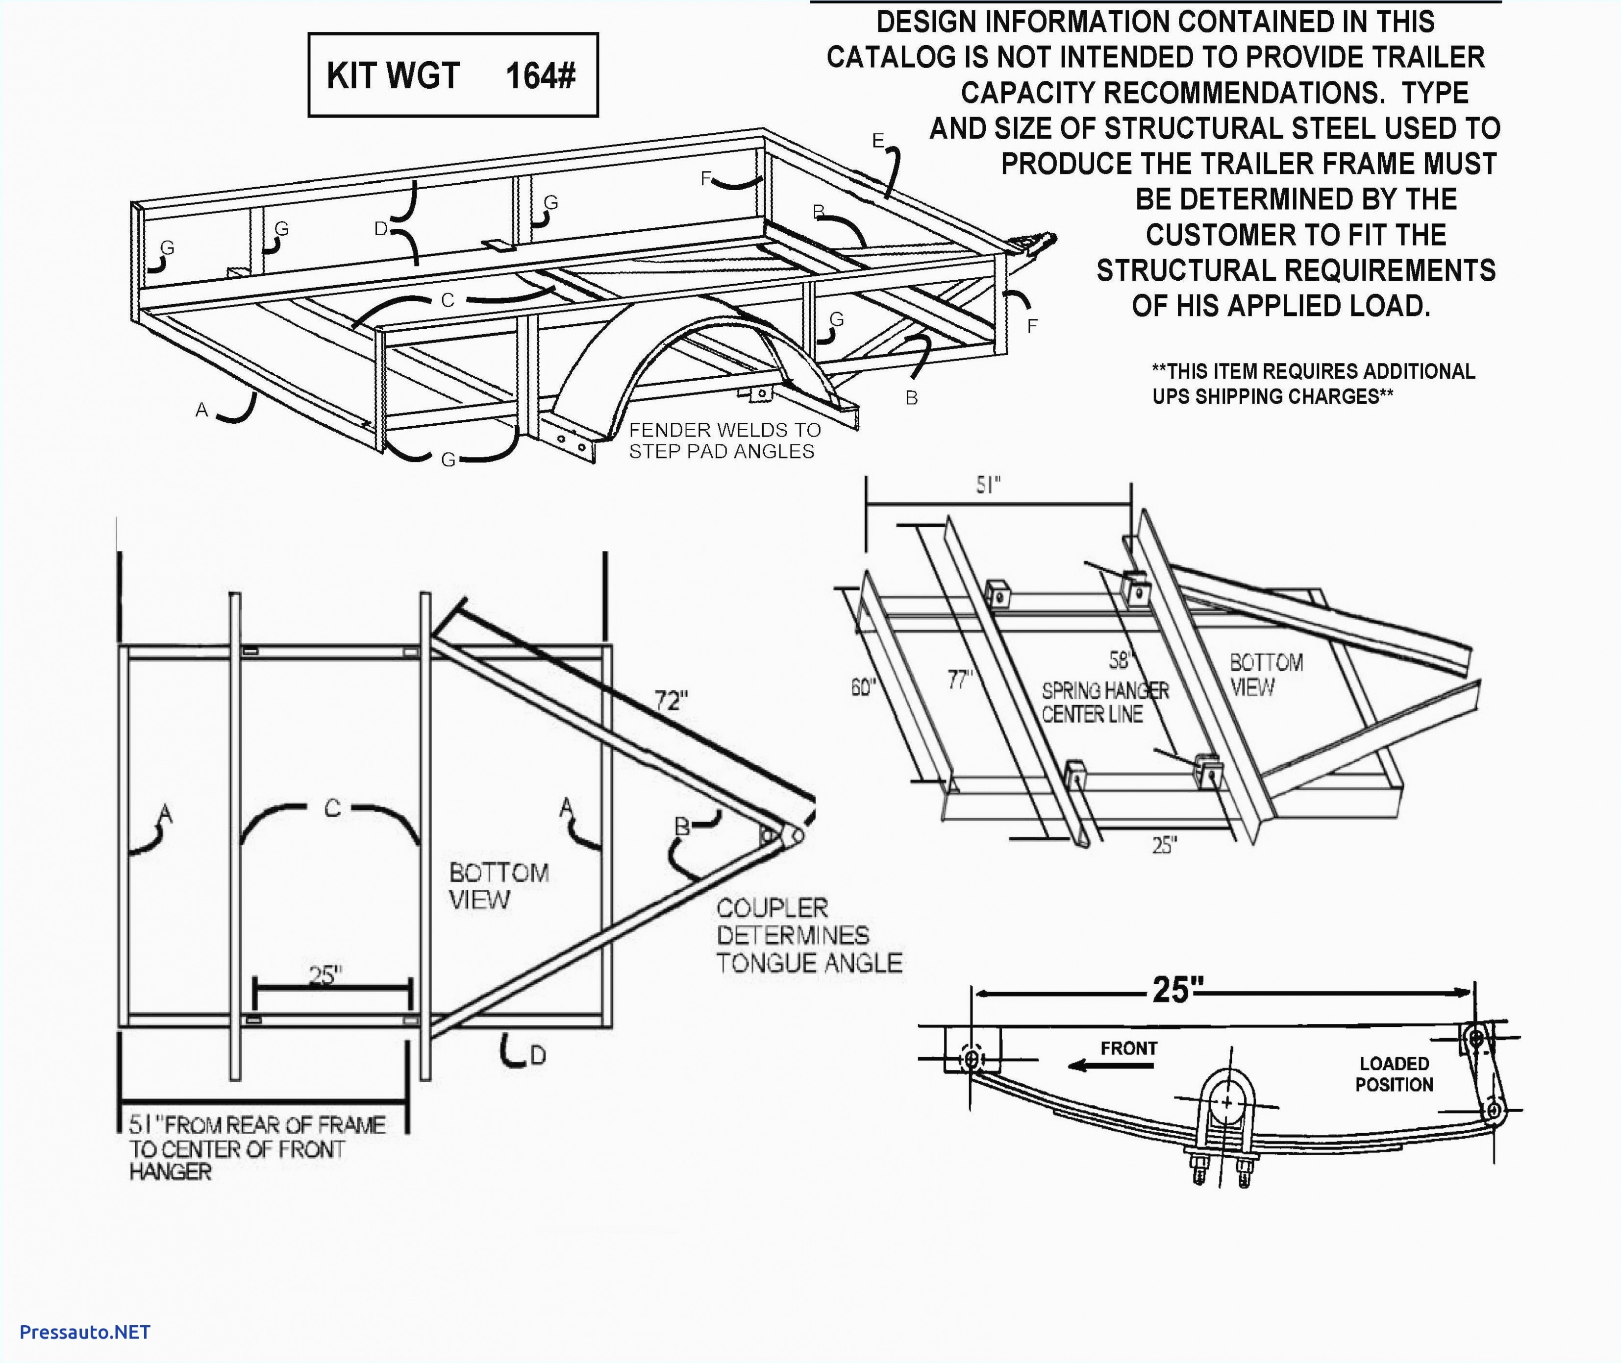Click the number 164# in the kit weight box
click(540, 76)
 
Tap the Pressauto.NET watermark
click(85, 1331)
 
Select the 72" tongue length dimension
click(670, 700)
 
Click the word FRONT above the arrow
click(1128, 1048)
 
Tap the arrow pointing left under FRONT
click(1110, 1066)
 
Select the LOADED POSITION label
click(1394, 1074)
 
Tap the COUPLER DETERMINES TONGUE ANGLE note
click(808, 935)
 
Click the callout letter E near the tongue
click(878, 141)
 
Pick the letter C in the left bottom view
click(332, 808)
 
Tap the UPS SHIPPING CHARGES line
click(1272, 396)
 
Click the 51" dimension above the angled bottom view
click(988, 485)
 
